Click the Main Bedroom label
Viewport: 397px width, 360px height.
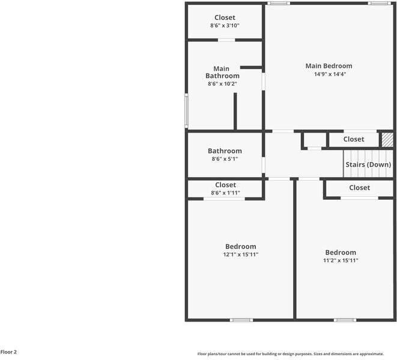(x=329, y=66)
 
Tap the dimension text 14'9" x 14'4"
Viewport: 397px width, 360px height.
(x=330, y=74)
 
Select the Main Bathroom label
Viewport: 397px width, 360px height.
(x=222, y=73)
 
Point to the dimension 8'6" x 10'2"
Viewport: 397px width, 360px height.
(x=222, y=84)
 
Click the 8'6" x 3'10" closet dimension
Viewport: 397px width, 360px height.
(x=225, y=26)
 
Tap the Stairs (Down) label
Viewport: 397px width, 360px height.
(x=368, y=164)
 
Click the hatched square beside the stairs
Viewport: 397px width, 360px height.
(x=388, y=139)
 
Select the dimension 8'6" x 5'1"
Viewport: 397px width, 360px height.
(x=225, y=159)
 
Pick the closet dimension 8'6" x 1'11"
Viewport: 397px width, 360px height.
(x=225, y=193)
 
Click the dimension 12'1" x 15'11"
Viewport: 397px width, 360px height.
(x=241, y=254)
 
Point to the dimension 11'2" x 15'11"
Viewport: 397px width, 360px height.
(x=341, y=261)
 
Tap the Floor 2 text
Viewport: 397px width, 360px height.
(x=9, y=352)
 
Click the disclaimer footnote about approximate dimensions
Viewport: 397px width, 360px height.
(x=296, y=354)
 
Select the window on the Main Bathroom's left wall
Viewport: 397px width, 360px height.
(x=186, y=112)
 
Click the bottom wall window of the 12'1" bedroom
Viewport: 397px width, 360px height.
(x=241, y=320)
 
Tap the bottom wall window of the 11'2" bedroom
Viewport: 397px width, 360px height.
(x=344, y=320)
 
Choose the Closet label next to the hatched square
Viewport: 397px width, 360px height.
(x=354, y=139)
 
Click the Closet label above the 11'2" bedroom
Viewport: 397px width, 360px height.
(x=359, y=188)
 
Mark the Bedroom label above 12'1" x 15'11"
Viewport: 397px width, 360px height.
(x=241, y=247)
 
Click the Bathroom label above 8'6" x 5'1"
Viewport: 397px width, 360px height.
(x=225, y=151)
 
